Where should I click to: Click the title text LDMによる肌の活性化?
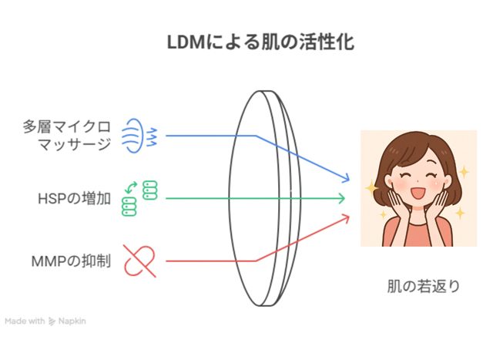click(260, 42)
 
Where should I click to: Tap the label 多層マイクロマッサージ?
click(67, 136)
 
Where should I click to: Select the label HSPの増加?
click(74, 199)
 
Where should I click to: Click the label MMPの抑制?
click(72, 261)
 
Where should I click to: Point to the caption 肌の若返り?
click(423, 286)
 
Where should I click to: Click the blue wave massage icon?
click(139, 136)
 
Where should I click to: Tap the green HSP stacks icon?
click(139, 198)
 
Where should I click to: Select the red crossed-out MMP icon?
click(139, 261)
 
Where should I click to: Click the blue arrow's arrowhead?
click(345, 178)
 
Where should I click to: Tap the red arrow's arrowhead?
click(345, 218)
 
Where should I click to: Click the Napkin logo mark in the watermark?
click(52, 321)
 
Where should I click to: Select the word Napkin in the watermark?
click(72, 321)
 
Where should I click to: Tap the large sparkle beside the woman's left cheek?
click(371, 187)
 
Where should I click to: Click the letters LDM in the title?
click(186, 42)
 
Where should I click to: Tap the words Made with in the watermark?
click(25, 321)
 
